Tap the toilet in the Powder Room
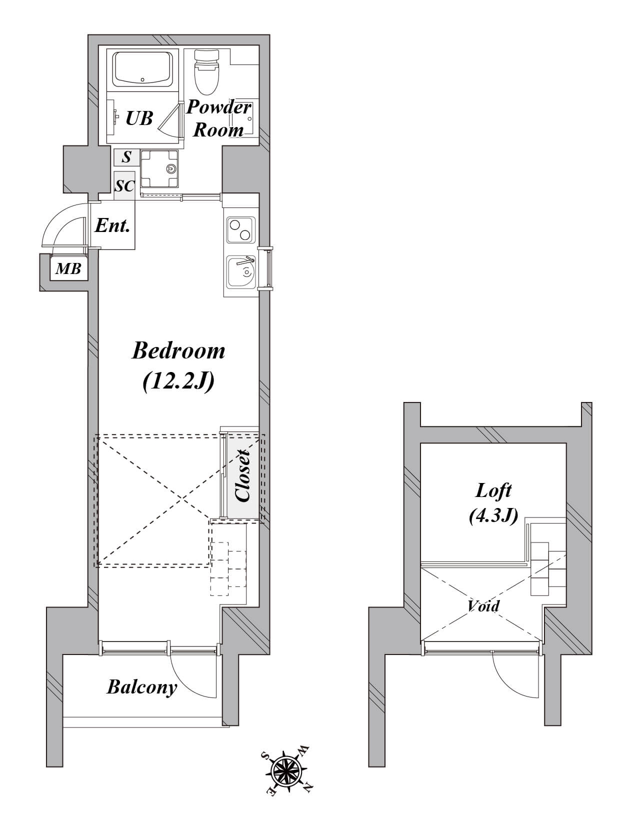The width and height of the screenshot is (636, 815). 206,72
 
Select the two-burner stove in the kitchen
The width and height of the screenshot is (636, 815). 240,230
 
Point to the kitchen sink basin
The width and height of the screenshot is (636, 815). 241,272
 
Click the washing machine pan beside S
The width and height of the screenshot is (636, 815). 159,168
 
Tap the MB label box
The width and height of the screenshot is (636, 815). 68,268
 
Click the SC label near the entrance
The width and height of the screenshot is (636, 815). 124,185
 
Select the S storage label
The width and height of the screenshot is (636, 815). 127,157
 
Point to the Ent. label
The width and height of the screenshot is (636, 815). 112,225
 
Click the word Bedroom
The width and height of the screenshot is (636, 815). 178,350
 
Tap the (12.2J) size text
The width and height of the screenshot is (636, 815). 178,381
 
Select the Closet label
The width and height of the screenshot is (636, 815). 242,475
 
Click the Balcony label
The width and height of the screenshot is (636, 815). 142,687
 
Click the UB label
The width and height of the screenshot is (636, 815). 139,118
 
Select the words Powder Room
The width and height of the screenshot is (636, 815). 218,118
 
